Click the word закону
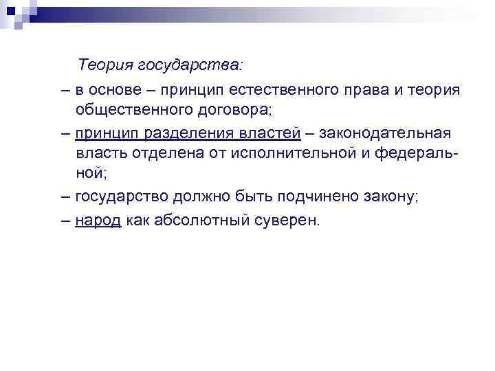pos(392,198)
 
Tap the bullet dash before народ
pos(65,221)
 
